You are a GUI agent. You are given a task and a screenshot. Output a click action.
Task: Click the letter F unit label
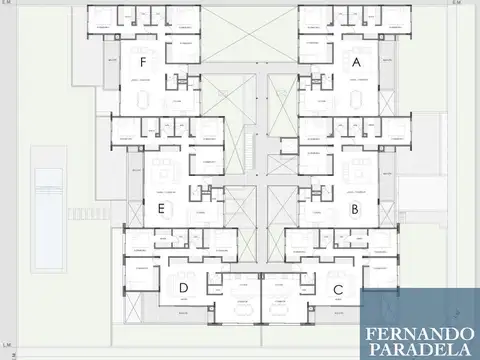coord(144,62)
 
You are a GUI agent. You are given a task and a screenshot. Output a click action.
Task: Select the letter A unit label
coord(356,62)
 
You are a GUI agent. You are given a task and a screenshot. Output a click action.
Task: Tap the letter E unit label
coord(160,209)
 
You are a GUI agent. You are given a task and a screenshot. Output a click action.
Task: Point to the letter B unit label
coord(355,209)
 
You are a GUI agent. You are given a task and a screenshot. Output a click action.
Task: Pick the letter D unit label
coord(183,289)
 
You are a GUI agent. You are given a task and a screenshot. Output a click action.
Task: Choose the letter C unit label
coord(338,289)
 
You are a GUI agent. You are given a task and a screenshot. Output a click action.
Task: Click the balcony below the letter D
coord(183,312)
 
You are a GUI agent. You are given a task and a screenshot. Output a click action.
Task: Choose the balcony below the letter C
coord(338,312)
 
